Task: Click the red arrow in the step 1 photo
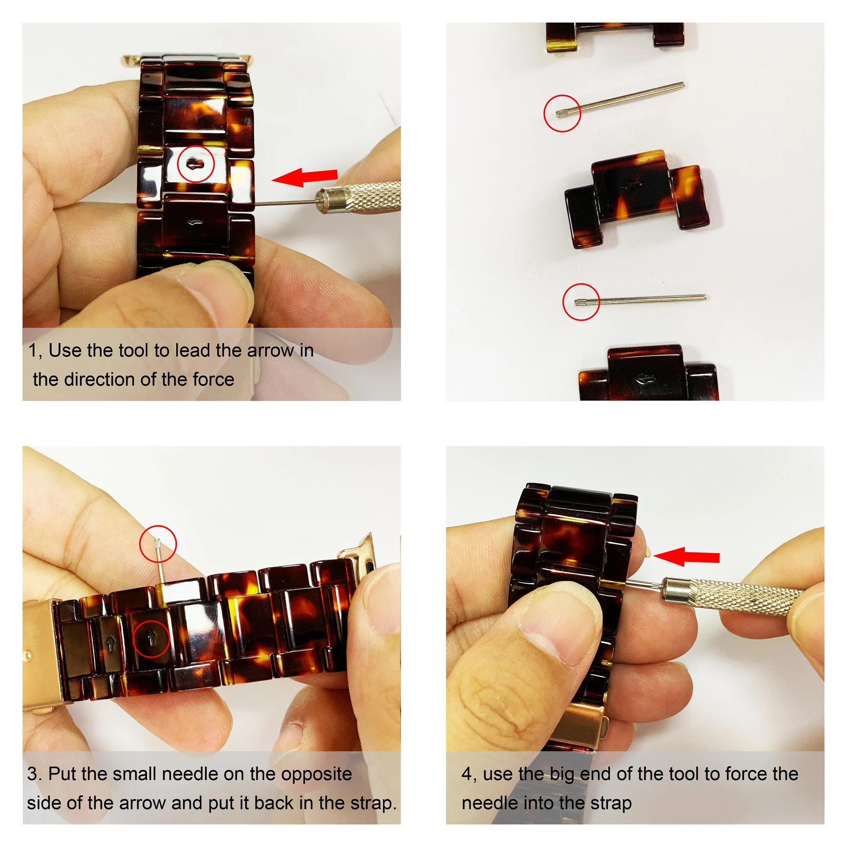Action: (304, 177)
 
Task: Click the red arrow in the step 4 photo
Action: (686, 556)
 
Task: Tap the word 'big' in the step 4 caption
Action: (562, 774)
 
